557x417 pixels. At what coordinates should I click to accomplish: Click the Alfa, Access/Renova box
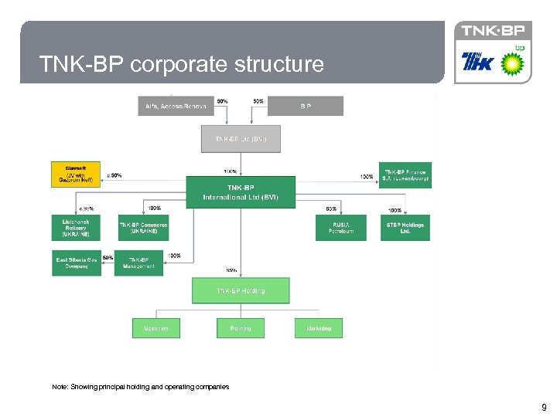click(176, 106)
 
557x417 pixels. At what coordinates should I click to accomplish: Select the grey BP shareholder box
click(306, 106)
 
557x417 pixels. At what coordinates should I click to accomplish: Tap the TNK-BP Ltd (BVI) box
click(241, 139)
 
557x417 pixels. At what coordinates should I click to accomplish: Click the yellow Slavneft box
click(76, 175)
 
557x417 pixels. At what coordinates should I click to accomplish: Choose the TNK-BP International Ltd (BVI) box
click(241, 192)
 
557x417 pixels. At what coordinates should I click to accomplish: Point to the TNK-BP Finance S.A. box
click(405, 175)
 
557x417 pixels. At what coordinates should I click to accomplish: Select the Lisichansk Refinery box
click(76, 227)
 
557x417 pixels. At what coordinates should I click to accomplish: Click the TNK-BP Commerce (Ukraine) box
click(143, 228)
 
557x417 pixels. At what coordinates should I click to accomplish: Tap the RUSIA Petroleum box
click(340, 228)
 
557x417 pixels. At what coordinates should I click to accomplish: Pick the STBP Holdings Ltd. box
click(405, 228)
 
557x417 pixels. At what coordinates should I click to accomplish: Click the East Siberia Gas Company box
click(77, 263)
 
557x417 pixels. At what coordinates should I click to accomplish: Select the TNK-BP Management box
click(139, 263)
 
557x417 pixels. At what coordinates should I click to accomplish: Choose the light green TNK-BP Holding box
click(241, 291)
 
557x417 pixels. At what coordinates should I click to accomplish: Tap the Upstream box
click(155, 328)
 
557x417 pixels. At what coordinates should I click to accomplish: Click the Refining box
click(241, 328)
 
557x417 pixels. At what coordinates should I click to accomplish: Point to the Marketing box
click(319, 328)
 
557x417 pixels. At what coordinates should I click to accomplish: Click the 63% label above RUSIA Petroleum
click(331, 208)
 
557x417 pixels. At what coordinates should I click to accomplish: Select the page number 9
click(544, 407)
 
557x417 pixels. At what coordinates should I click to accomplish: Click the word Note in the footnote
click(60, 386)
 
